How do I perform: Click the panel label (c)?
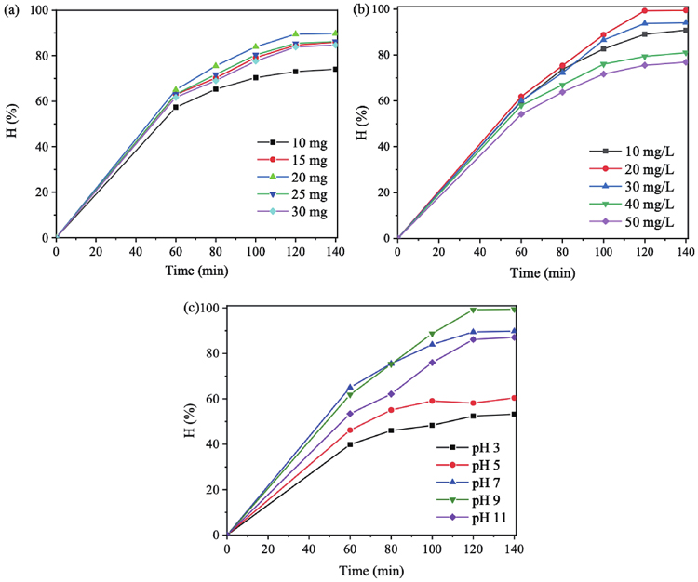pyautogui.click(x=191, y=309)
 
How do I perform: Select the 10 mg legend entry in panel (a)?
pyautogui.click(x=291, y=142)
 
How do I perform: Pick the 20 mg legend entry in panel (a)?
pyautogui.click(x=291, y=176)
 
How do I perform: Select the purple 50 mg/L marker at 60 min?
pyautogui.click(x=521, y=113)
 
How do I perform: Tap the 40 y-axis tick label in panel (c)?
pyautogui.click(x=211, y=444)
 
